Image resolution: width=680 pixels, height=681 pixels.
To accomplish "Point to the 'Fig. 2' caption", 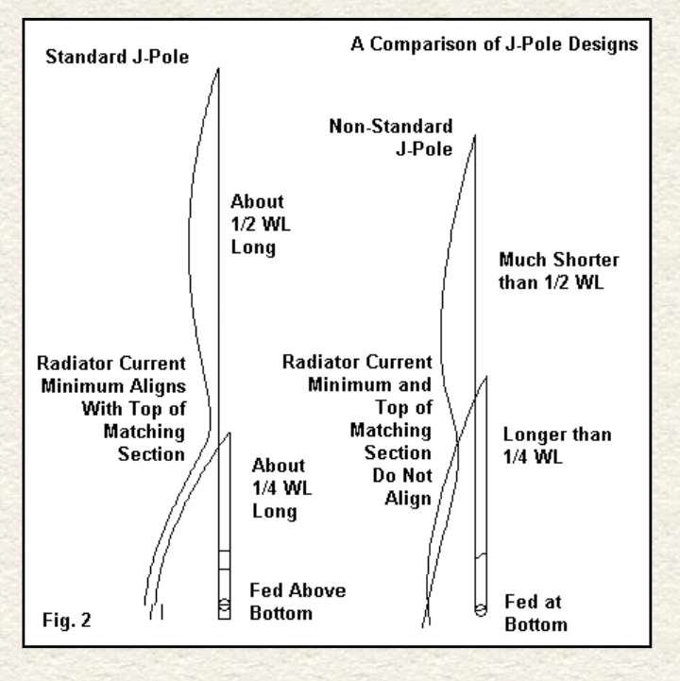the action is coord(66,623).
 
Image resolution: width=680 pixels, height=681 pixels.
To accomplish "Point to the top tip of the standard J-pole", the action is coord(219,68).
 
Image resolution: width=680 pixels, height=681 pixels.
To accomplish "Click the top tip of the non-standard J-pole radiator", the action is coord(474,136).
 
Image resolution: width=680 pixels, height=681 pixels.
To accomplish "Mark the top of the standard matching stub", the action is coord(229,434).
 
